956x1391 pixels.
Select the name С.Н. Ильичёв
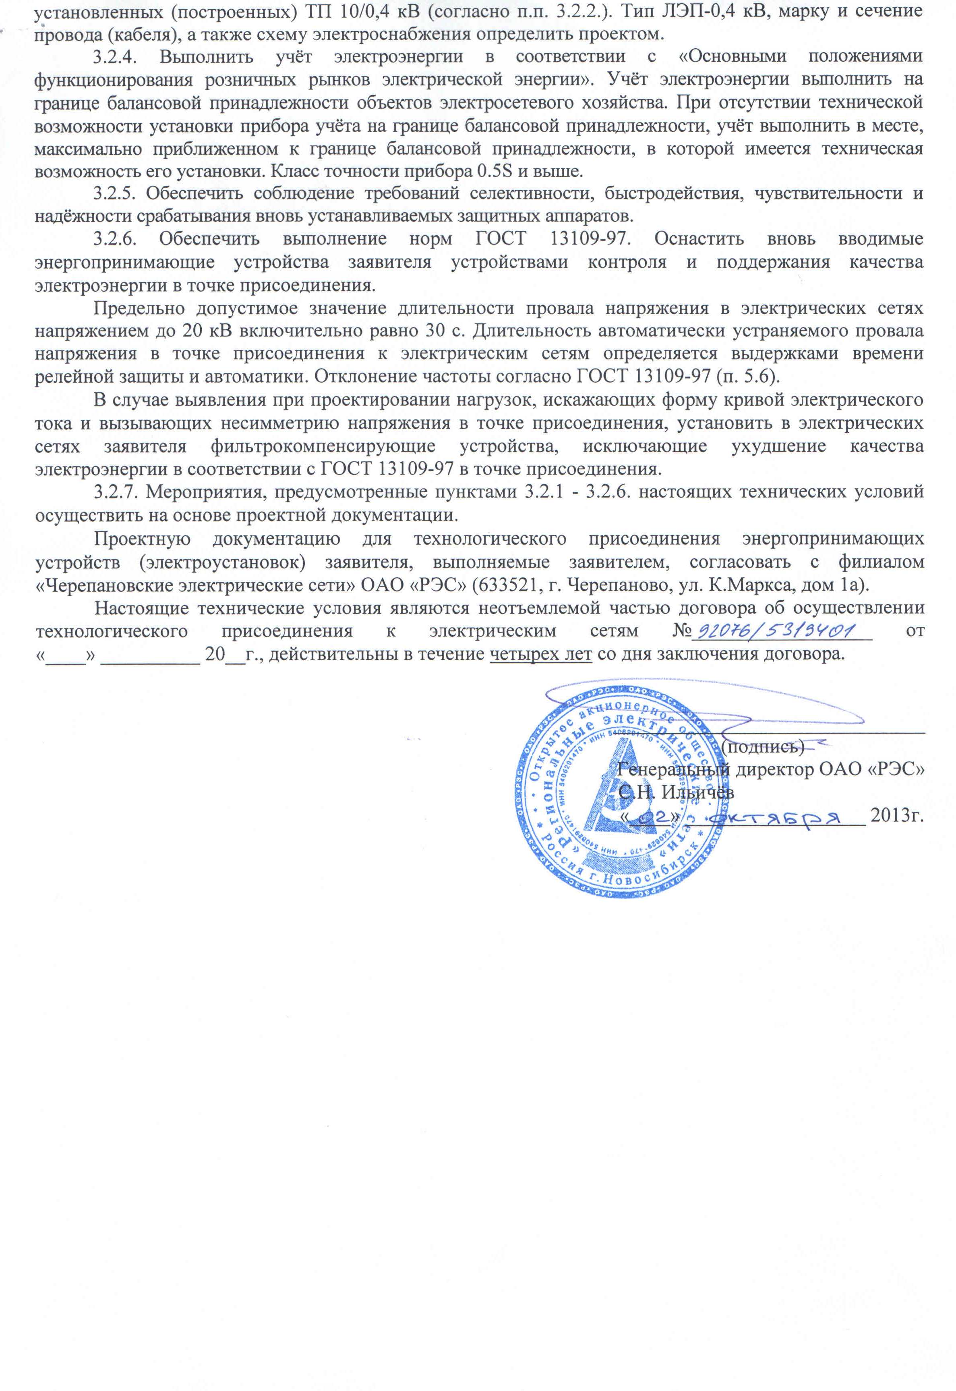[676, 792]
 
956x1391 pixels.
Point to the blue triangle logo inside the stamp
[617, 791]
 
